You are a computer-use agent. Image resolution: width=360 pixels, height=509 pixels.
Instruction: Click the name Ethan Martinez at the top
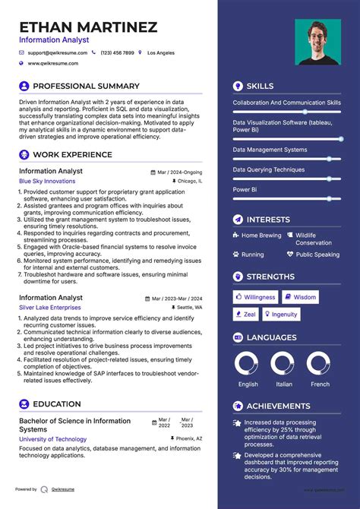pyautogui.click(x=88, y=27)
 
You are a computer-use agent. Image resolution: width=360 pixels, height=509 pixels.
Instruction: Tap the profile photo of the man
pyautogui.click(x=317, y=42)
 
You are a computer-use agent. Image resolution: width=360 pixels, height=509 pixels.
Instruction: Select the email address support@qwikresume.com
pyautogui.click(x=58, y=53)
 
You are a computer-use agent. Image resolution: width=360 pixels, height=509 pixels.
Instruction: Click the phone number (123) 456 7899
pyautogui.click(x=117, y=53)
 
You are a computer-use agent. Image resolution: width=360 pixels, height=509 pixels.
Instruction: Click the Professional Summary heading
pyautogui.click(x=86, y=86)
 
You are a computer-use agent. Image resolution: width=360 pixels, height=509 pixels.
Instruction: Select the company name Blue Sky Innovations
pyautogui.click(x=47, y=182)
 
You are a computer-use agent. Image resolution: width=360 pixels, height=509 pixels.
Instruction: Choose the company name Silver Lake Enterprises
pyautogui.click(x=50, y=308)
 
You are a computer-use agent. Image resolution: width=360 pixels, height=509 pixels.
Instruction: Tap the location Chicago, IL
pyautogui.click(x=190, y=182)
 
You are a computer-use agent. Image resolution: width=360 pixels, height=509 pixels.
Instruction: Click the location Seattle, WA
pyautogui.click(x=190, y=308)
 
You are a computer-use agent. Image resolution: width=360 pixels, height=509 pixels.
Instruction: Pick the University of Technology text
pyautogui.click(x=52, y=439)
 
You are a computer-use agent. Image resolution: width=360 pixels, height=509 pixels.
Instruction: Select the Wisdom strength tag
pyautogui.click(x=301, y=297)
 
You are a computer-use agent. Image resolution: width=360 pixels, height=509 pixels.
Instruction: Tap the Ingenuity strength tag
pyautogui.click(x=280, y=314)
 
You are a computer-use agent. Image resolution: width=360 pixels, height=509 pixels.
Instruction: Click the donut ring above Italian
pyautogui.click(x=284, y=364)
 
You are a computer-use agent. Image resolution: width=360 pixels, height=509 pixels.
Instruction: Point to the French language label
pyautogui.click(x=321, y=384)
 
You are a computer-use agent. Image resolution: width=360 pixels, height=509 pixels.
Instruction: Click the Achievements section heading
pyautogui.click(x=278, y=406)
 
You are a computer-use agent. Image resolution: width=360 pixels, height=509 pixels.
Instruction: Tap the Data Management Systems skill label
pyautogui.click(x=270, y=150)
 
